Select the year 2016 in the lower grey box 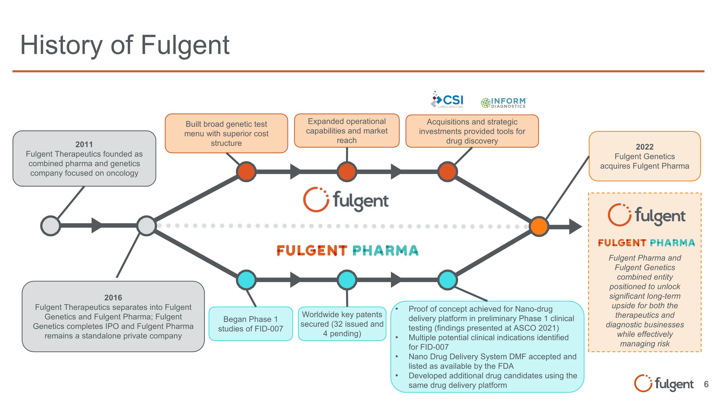[x=113, y=297]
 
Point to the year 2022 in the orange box [x=644, y=147]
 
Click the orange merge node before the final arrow [x=539, y=226]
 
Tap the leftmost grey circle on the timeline [x=51, y=226]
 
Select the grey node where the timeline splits [x=146, y=226]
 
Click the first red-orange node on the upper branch [x=246, y=172]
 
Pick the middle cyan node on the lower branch [x=347, y=280]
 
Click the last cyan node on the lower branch [x=447, y=280]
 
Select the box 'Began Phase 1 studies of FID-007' [x=251, y=324]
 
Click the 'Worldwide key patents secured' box [x=342, y=324]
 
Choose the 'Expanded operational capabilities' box [x=347, y=131]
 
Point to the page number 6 [x=706, y=384]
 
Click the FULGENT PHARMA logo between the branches [x=347, y=250]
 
